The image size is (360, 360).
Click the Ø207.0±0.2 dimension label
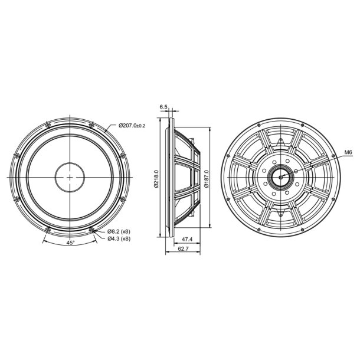pos(132,125)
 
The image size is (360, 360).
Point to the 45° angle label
pos(71,243)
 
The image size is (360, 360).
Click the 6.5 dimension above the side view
pos(163,107)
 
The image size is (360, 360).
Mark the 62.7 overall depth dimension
pos(184,250)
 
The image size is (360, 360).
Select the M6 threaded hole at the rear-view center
pos(280,176)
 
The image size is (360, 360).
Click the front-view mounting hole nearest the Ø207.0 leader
pos(91,124)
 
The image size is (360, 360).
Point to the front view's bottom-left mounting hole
pos(48,229)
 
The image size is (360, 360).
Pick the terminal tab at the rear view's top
pos(280,140)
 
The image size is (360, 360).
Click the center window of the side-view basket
pos(186,176)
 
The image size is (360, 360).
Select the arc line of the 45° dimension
pos(70,248)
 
